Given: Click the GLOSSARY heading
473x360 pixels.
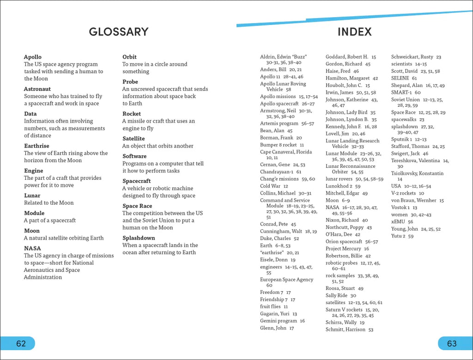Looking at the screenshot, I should (x=119, y=32).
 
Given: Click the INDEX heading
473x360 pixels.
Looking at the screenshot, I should (x=354, y=32).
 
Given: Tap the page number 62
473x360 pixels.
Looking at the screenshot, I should (x=21, y=343).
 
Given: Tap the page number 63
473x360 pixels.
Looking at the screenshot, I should (x=451, y=343).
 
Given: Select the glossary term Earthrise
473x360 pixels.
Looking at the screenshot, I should (x=36, y=146).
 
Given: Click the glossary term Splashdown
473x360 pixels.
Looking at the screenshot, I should (x=139, y=238).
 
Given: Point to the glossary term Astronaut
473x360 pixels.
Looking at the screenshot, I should (x=37, y=89).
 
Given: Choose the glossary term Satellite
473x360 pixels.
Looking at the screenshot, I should (x=133, y=139).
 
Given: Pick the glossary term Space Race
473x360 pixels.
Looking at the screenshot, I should (x=137, y=206).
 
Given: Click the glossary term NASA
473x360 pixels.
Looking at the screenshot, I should (x=32, y=249).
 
